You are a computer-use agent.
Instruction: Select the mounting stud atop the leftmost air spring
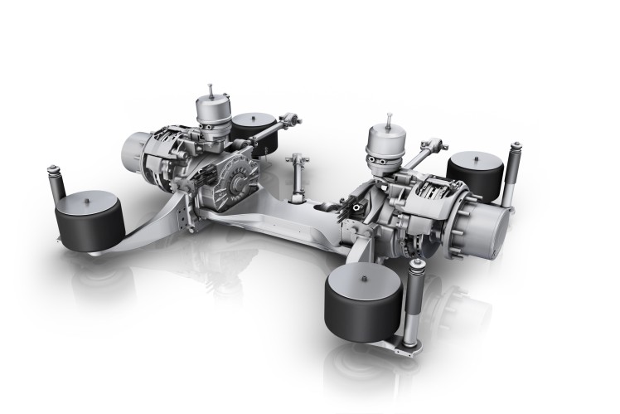[84, 192]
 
